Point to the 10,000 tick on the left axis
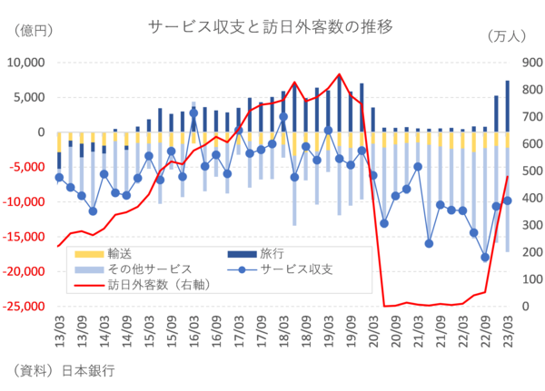coord(26,63)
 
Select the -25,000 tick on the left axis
coord(24,307)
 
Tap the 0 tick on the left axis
coord(41,132)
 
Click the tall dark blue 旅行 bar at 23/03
coord(508,106)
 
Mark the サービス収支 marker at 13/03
coord(59,178)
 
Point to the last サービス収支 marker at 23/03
coord(508,200)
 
